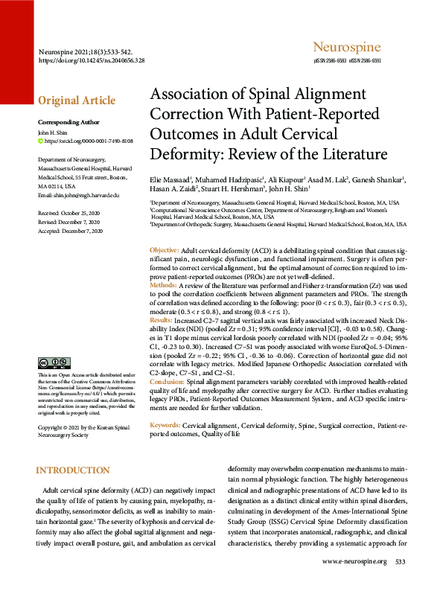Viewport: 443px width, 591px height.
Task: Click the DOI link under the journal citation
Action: [x=91, y=60]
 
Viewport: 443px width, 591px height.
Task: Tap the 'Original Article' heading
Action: [x=77, y=100]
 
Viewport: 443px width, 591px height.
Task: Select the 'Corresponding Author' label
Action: [x=68, y=122]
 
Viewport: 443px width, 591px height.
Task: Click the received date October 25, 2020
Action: [x=69, y=213]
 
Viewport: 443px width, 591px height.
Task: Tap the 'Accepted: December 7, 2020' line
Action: [x=70, y=231]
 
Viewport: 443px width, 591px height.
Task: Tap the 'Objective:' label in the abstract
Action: [x=164, y=250]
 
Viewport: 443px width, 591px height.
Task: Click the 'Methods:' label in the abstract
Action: [x=164, y=285]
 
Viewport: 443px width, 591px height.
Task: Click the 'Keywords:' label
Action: [x=165, y=424]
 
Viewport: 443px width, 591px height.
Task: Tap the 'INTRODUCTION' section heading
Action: [x=72, y=470]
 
